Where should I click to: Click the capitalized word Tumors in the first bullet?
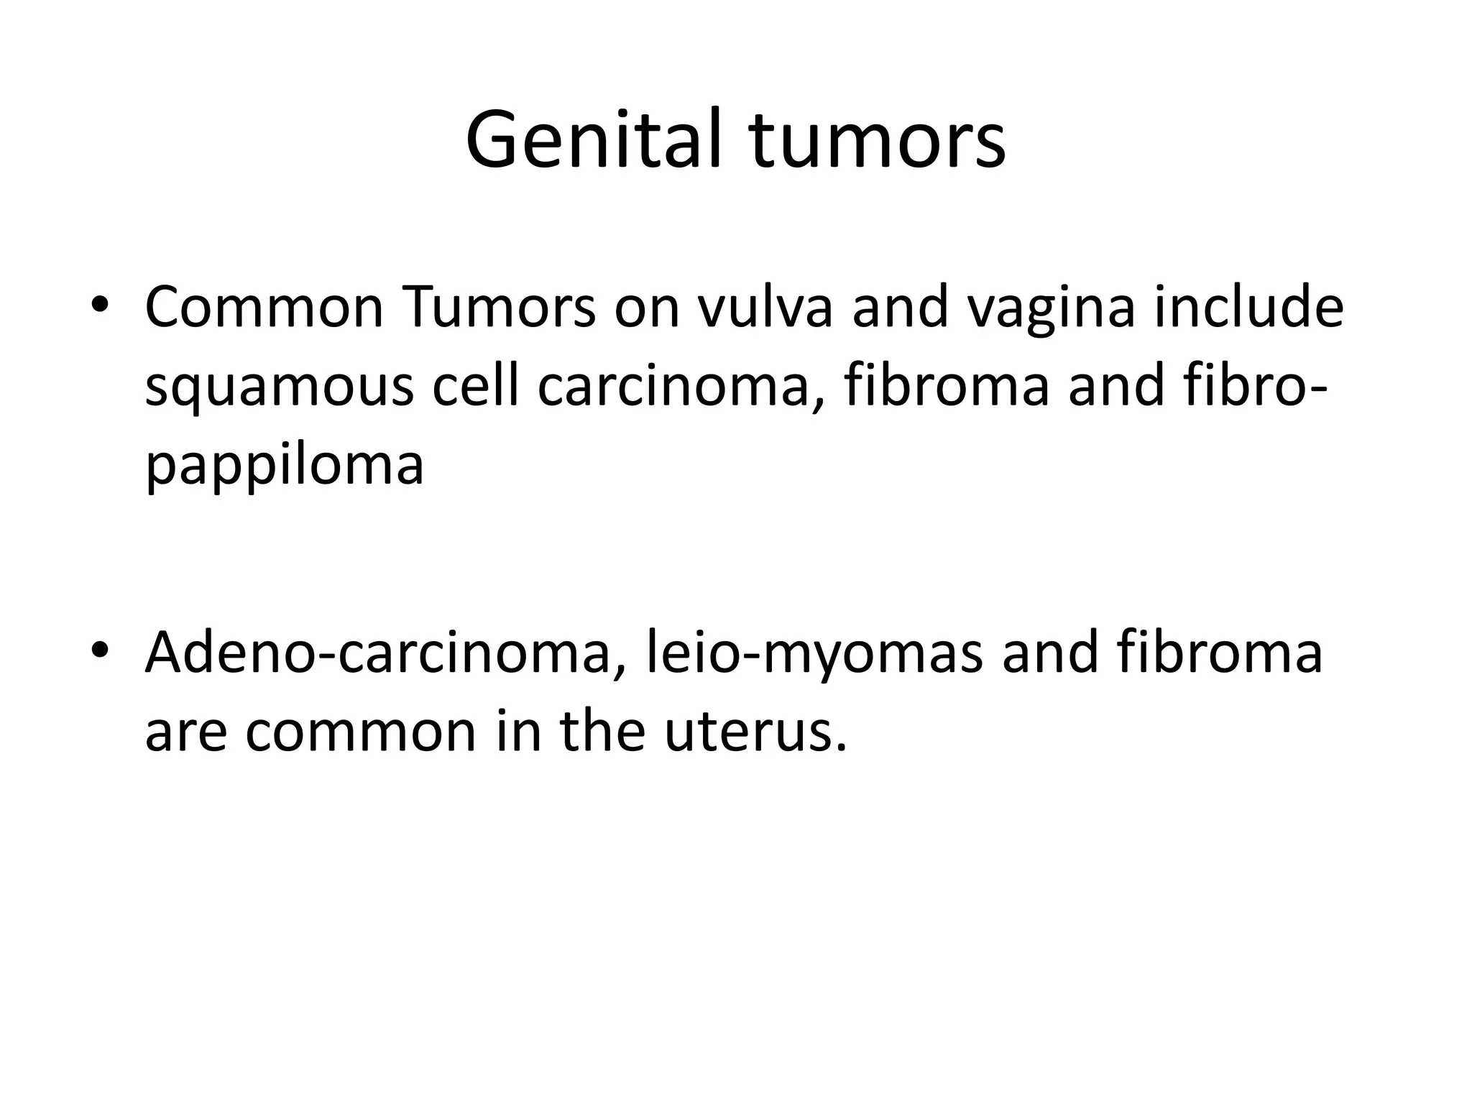499,308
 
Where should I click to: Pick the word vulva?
765,308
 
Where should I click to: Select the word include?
1248,308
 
